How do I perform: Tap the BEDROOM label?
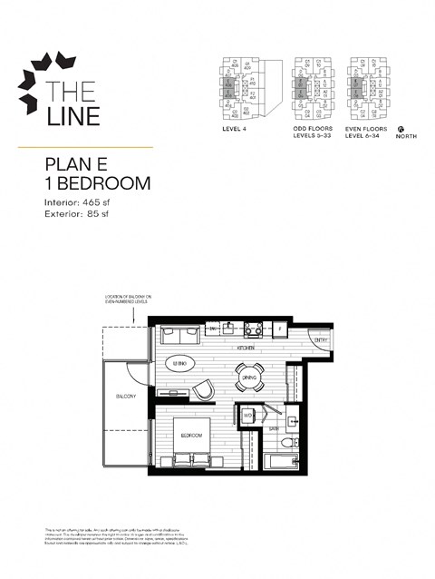190,436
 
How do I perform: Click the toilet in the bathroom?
288,444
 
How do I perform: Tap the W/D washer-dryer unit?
247,416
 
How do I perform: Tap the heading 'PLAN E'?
80,165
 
